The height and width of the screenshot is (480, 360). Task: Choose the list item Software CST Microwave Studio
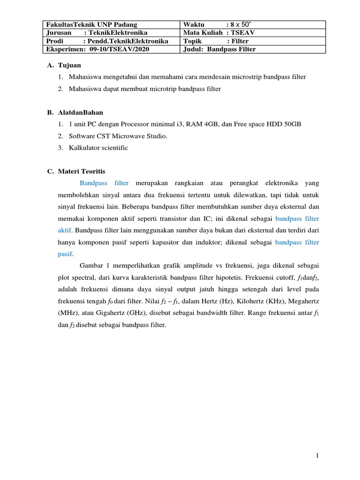(118, 136)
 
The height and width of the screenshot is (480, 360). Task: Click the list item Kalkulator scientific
(98, 148)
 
